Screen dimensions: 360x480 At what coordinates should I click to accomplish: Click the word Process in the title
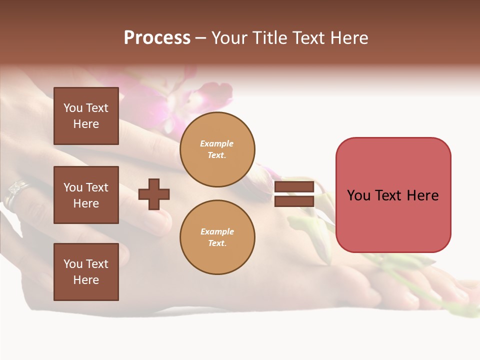click(x=157, y=38)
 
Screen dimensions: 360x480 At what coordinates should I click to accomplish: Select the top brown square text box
click(x=86, y=116)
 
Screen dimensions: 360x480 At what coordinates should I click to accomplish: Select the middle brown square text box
click(x=86, y=195)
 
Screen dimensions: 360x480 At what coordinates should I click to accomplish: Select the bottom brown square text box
click(x=86, y=272)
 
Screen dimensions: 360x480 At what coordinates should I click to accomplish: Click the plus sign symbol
click(x=154, y=194)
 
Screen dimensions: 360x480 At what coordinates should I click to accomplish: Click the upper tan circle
click(x=217, y=149)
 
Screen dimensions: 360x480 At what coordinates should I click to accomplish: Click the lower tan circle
click(x=217, y=237)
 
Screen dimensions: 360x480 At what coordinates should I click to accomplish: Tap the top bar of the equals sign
click(x=294, y=187)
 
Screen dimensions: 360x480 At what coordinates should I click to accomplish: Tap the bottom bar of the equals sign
click(x=294, y=201)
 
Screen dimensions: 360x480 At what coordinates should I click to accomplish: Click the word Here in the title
click(x=348, y=38)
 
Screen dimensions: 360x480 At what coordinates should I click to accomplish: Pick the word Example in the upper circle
click(x=217, y=143)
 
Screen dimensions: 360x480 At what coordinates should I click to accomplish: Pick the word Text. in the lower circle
click(x=217, y=243)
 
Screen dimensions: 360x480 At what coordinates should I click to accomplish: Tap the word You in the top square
click(x=73, y=108)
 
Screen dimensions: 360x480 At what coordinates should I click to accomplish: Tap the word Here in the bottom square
click(x=86, y=280)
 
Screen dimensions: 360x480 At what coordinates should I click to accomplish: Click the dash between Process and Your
click(x=201, y=38)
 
